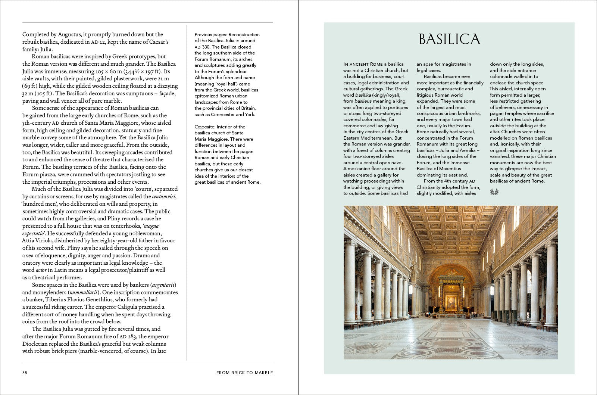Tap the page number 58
tap(25, 373)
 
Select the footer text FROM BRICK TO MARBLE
tap(244, 373)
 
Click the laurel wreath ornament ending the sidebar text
tap(494, 192)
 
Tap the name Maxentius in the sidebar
tap(450, 169)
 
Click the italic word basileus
tap(363, 101)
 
